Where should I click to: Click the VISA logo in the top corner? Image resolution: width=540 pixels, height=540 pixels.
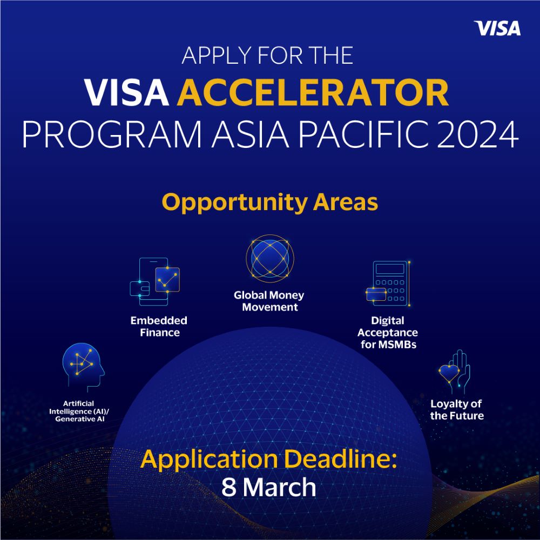[x=497, y=29]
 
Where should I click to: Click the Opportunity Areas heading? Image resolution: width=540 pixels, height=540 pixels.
[x=269, y=202]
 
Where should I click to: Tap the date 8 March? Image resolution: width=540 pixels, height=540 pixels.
[x=268, y=488]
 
